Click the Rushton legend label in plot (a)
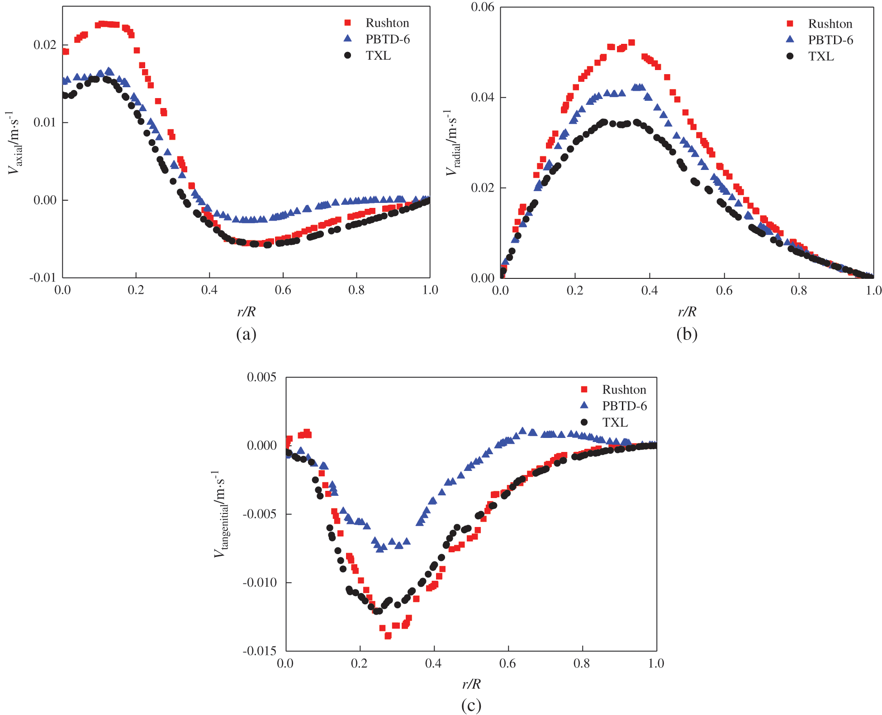coord(387,23)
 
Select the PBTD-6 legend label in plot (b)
coord(830,40)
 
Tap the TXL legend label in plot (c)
coord(615,422)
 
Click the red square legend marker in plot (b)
coord(790,24)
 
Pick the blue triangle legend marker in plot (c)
coord(584,405)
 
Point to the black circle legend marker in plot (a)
coord(347,56)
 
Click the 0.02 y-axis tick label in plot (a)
coord(45,45)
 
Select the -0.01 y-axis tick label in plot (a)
coord(43,278)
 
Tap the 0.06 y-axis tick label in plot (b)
coord(483,7)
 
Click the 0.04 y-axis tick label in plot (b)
coord(483,97)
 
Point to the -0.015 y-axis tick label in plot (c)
coord(259,651)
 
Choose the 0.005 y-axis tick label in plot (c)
coord(261,377)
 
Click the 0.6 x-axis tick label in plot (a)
coord(283,290)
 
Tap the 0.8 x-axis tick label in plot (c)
coord(582,663)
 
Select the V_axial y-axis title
coord(14,143)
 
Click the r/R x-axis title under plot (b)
coord(687,311)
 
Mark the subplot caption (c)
coord(471,705)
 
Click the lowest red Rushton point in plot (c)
coord(388,636)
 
